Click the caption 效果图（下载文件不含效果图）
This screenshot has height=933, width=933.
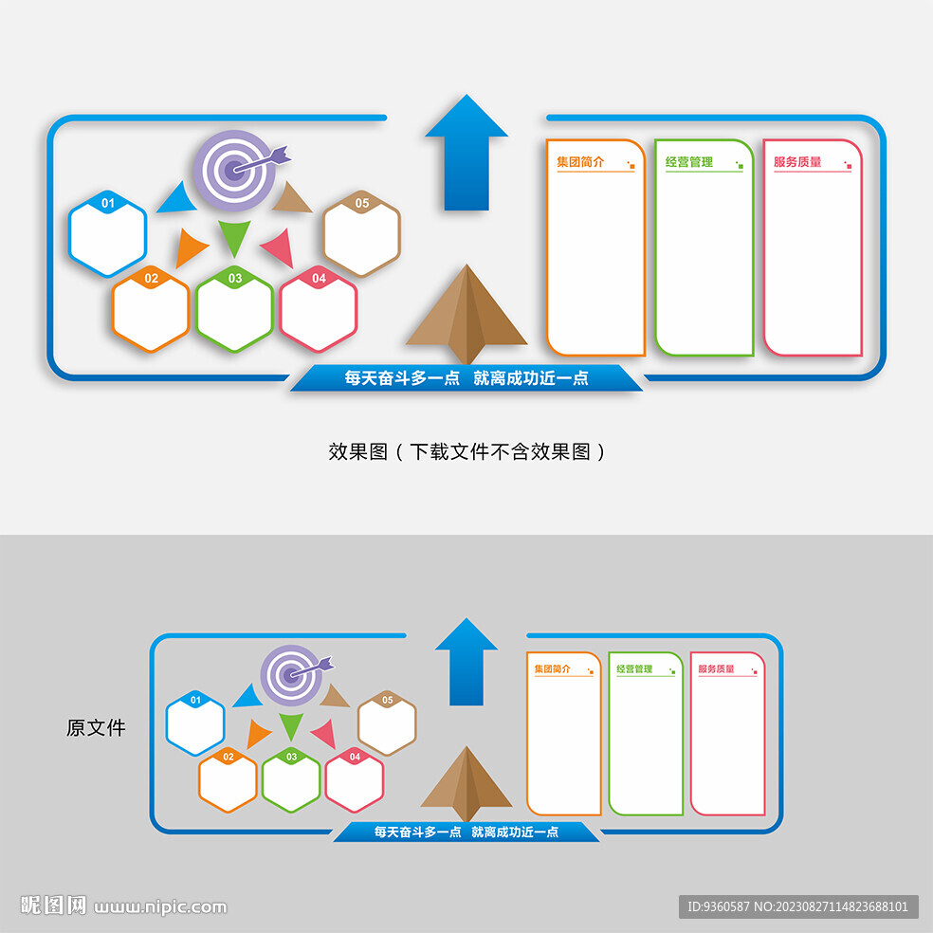(466, 452)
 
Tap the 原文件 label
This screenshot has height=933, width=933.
(96, 728)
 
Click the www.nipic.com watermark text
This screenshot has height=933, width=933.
(160, 906)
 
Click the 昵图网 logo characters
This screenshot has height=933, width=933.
(53, 906)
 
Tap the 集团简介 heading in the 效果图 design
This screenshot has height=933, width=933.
(580, 162)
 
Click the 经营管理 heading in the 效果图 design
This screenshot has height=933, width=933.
(688, 162)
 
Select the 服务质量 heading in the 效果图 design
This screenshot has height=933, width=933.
(797, 162)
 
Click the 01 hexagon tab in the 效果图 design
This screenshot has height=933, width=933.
(108, 203)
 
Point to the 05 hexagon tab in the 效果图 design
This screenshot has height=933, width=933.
(362, 203)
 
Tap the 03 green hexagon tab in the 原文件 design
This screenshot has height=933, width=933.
(291, 757)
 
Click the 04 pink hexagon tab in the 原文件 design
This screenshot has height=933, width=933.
(355, 757)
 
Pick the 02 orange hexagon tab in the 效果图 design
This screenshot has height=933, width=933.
(151, 279)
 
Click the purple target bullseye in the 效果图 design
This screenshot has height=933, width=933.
(233, 171)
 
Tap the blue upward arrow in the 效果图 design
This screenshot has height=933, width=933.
(466, 152)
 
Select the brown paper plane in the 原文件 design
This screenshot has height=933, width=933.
(466, 783)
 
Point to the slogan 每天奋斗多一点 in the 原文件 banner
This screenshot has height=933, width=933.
(417, 832)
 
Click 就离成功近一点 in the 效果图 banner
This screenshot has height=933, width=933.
(531, 377)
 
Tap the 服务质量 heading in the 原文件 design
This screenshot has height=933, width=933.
(716, 669)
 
